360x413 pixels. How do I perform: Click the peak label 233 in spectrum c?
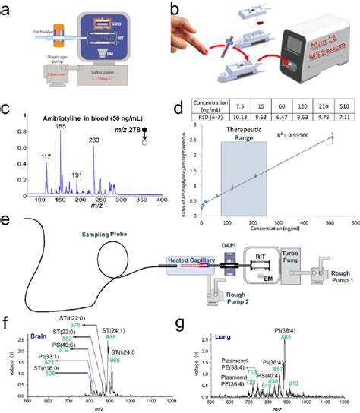(x=115, y=140)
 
